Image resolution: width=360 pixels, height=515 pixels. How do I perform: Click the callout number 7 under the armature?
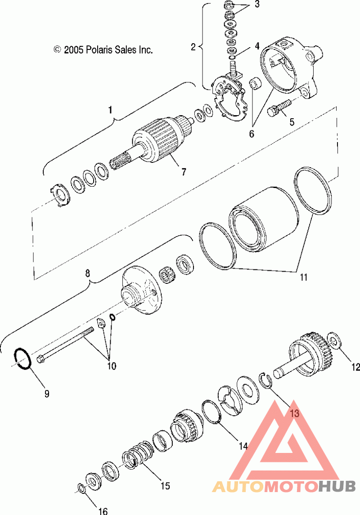coord(184,171)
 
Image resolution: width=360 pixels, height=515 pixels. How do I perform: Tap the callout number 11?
coord(303,277)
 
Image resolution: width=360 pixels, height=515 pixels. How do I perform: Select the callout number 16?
coord(103,511)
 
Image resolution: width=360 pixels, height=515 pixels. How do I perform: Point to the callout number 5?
coord(292,122)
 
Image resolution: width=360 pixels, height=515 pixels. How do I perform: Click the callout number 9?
coord(47,394)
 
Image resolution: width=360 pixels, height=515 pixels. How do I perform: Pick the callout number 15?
coord(165,485)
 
